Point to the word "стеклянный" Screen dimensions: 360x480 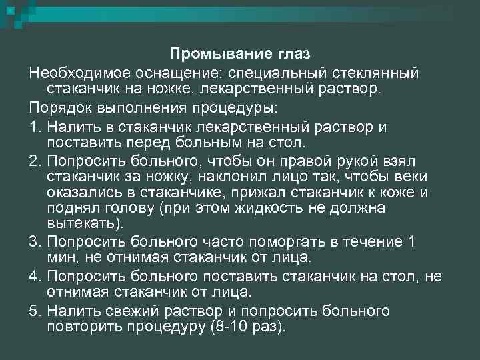point(381,71)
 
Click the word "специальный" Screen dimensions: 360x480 point(290,71)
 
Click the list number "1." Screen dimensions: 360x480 point(36,127)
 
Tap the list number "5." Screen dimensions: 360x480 point(36,311)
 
